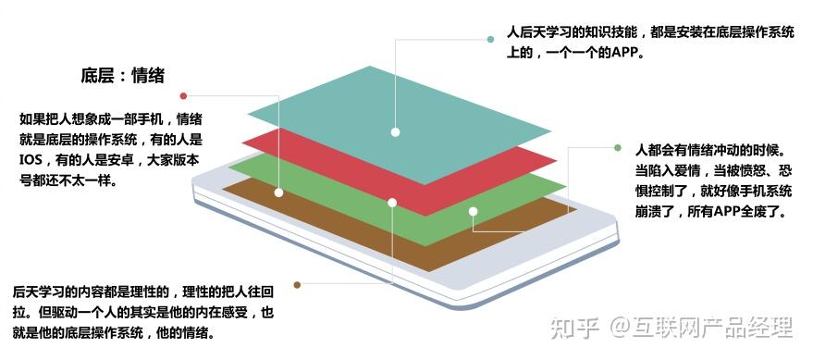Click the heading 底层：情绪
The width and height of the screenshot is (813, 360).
click(123, 76)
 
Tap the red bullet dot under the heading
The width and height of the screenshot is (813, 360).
click(184, 96)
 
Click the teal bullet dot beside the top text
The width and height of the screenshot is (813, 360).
click(490, 40)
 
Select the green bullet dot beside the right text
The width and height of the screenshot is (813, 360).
click(617, 147)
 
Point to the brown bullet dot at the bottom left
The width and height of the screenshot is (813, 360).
click(297, 284)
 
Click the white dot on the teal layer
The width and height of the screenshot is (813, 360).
click(395, 132)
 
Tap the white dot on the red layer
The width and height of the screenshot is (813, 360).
click(392, 202)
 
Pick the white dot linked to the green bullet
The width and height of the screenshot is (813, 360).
click(473, 212)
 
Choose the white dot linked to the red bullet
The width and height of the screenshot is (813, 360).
click(278, 192)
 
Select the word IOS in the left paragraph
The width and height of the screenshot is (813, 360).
click(31, 160)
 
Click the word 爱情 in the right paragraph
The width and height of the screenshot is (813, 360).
click(685, 170)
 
